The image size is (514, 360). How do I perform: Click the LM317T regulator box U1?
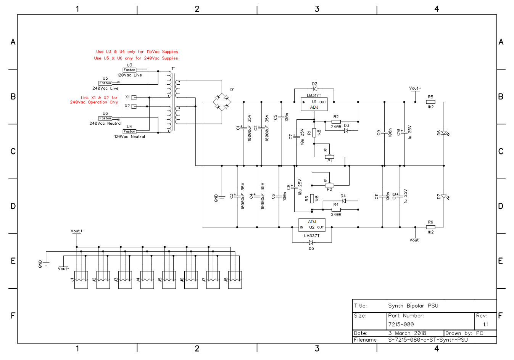(x=314, y=104)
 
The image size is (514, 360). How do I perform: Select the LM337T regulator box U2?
(x=312, y=225)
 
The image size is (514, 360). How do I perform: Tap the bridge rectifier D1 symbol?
(x=222, y=102)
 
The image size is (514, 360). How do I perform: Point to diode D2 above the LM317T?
(x=315, y=89)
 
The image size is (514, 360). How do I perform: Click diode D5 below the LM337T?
(x=311, y=243)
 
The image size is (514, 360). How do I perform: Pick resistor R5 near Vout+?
(x=430, y=102)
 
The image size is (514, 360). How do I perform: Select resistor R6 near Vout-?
(x=430, y=227)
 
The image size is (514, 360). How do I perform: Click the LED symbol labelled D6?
(x=445, y=133)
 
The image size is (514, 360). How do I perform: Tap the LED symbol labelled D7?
(x=445, y=196)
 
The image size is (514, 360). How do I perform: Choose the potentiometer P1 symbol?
(x=330, y=157)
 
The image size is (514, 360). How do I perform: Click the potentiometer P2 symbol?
(x=330, y=185)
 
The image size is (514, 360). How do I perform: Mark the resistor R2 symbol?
(x=336, y=122)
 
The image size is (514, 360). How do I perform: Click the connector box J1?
(x=81, y=280)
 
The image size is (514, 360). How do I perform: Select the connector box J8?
(x=235, y=280)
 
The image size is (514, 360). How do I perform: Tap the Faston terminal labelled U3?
(x=129, y=70)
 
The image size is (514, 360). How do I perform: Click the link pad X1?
(x=134, y=98)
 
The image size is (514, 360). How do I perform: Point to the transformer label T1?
(x=174, y=69)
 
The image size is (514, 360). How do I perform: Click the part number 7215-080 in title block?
(x=401, y=325)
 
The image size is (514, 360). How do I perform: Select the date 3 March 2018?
(x=407, y=333)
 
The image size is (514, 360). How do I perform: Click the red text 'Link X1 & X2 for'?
(x=99, y=98)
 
